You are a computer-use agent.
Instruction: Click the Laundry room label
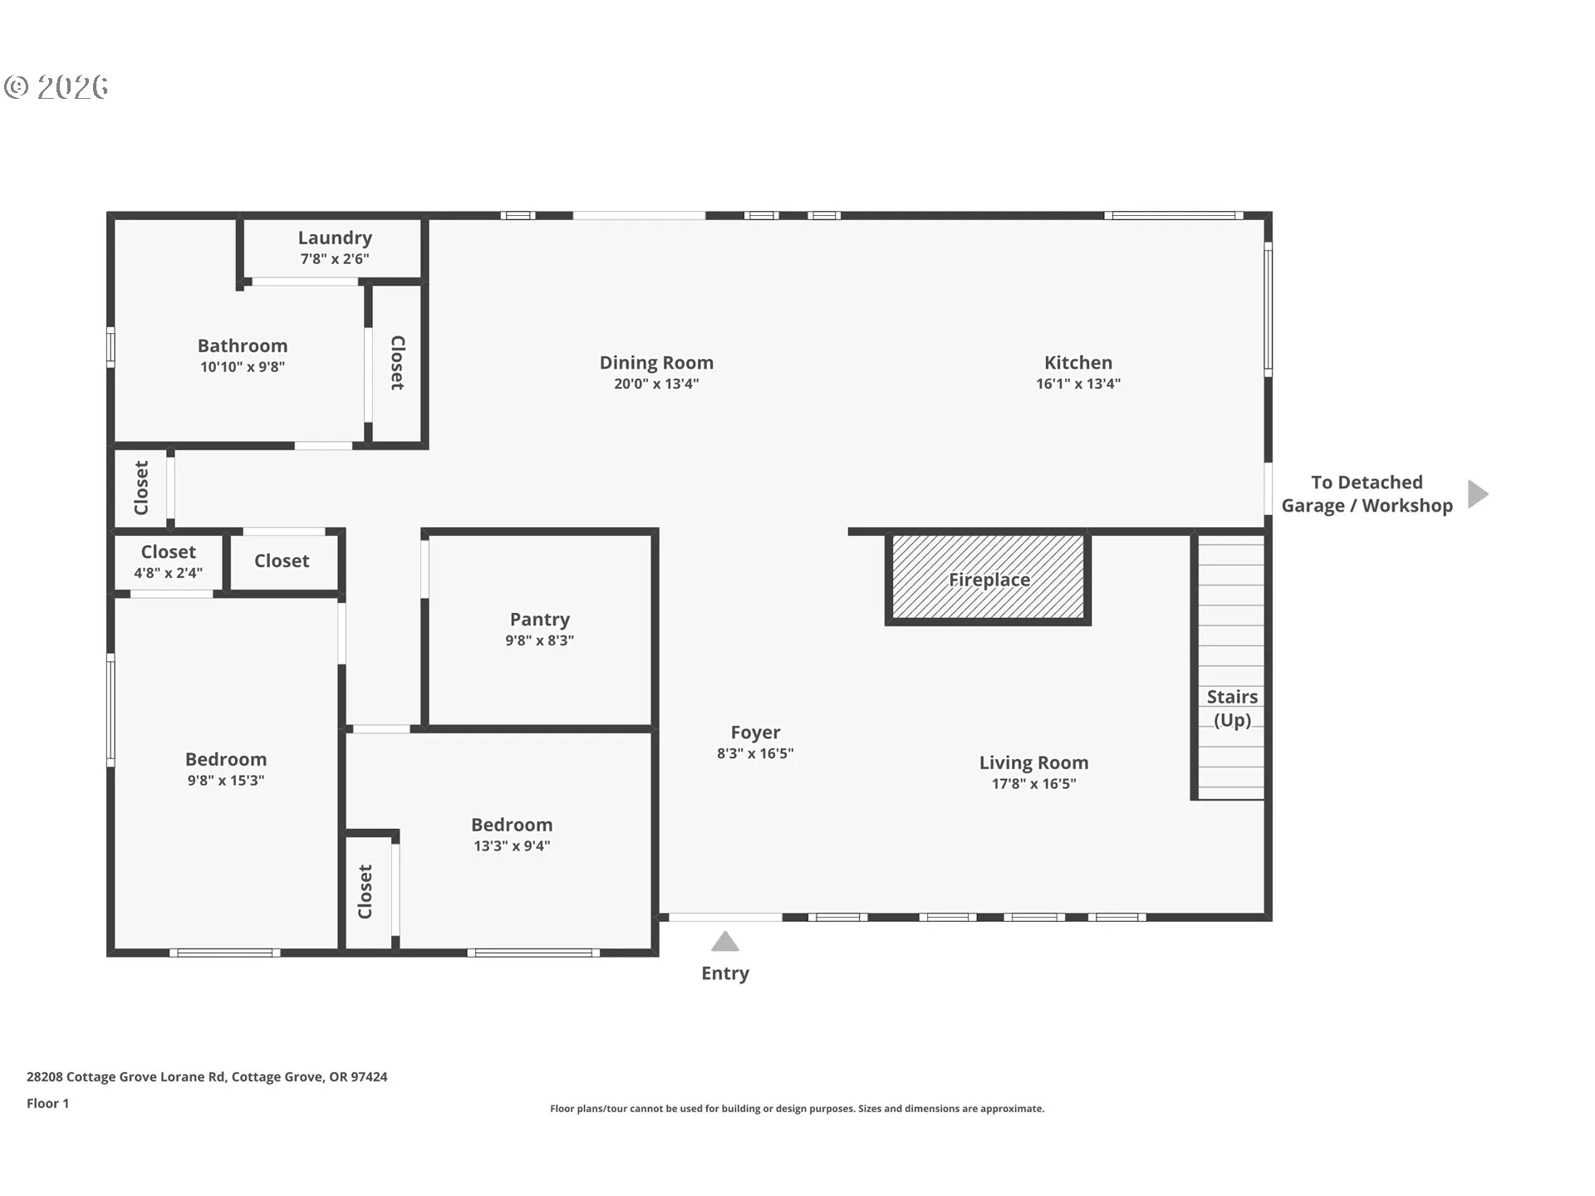(335, 238)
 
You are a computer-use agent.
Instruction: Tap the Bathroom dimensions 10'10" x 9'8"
(243, 367)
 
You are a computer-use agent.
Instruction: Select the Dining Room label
(656, 363)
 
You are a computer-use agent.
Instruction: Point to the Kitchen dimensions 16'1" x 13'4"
(1078, 384)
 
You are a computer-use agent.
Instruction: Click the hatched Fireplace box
(989, 578)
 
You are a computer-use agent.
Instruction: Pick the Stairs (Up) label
(1232, 708)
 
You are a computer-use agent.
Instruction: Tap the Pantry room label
(540, 620)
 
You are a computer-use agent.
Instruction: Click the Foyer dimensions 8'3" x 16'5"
(755, 753)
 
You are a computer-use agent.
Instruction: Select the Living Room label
(1033, 762)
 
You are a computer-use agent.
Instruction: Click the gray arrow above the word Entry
(725, 942)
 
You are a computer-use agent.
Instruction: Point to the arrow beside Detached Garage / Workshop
(1477, 494)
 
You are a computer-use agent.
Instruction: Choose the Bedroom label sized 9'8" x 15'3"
(226, 759)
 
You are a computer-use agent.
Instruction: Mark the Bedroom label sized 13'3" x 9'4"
(512, 825)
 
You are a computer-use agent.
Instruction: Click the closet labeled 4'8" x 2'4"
(169, 561)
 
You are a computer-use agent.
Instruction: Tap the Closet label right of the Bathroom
(397, 363)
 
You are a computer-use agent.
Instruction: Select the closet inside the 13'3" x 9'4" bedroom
(366, 891)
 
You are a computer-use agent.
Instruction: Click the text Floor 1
(47, 1103)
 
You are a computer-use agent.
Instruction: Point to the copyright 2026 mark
(56, 87)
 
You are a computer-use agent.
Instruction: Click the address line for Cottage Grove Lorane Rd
(207, 1076)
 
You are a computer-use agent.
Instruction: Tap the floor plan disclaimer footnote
(797, 1109)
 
